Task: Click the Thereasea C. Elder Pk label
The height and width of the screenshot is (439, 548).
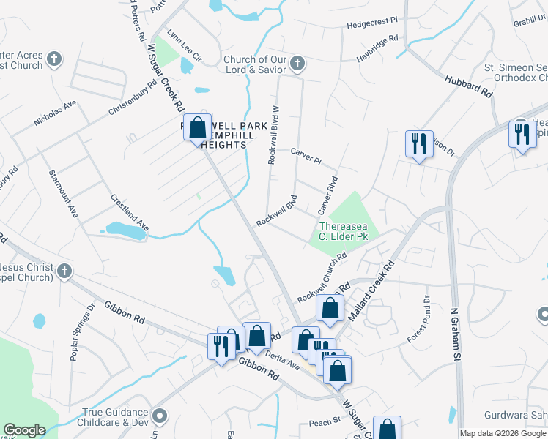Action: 341,231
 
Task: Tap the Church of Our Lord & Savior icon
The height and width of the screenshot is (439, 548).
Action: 297,63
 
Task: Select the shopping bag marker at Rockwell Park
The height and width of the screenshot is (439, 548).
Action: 197,128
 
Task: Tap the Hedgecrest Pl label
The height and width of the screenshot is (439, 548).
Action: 371,23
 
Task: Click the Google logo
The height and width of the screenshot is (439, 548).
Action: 24,430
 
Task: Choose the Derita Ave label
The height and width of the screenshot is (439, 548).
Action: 283,359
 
